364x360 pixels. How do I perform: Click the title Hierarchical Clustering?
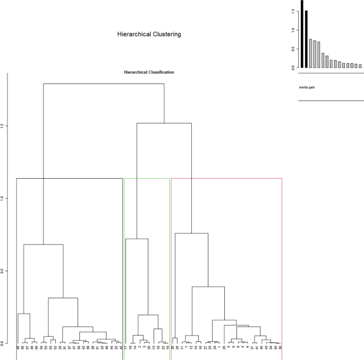click(149, 34)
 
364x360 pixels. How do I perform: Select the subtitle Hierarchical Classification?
click(149, 72)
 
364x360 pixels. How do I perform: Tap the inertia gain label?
click(307, 87)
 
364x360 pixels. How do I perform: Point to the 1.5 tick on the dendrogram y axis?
click(3, 126)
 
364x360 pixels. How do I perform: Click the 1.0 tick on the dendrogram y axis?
click(3, 198)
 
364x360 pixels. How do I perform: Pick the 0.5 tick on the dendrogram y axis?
click(3, 271)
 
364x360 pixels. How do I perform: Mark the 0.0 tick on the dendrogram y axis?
click(3, 344)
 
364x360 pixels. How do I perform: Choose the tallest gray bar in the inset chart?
click(311, 53)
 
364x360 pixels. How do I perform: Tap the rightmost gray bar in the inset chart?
click(360, 66)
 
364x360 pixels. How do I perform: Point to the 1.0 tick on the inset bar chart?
click(292, 30)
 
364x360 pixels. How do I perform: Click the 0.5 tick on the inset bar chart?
click(292, 49)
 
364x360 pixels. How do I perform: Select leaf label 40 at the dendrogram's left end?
click(18, 348)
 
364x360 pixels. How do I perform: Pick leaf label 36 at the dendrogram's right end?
click(280, 348)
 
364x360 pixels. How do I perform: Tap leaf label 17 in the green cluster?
click(126, 348)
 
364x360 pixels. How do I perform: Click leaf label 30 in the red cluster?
click(173, 348)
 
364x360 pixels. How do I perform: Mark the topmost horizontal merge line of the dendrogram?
click(104, 83)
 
